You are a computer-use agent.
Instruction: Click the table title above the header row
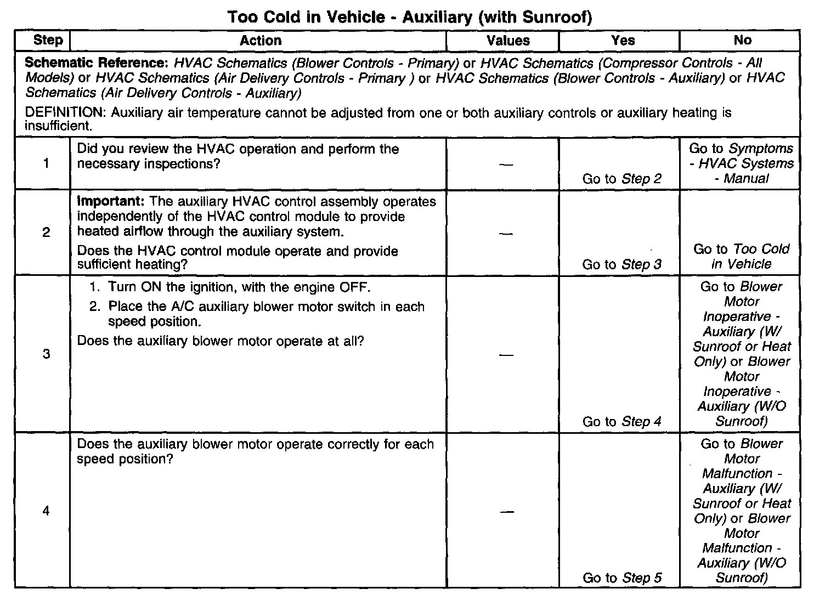pyautogui.click(x=410, y=17)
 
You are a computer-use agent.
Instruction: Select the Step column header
pyautogui.click(x=48, y=40)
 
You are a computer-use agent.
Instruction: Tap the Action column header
pyautogui.click(x=261, y=41)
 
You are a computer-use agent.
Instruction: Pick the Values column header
pyautogui.click(x=508, y=41)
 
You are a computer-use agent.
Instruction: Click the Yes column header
pyautogui.click(x=623, y=41)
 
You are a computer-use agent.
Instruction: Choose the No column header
pyautogui.click(x=742, y=40)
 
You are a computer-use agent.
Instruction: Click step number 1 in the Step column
pyautogui.click(x=46, y=163)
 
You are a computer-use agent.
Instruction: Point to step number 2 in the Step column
pyautogui.click(x=46, y=233)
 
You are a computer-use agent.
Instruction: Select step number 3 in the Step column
pyautogui.click(x=46, y=354)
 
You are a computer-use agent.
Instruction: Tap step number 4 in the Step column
pyautogui.click(x=46, y=511)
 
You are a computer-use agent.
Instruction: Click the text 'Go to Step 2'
pyautogui.click(x=622, y=179)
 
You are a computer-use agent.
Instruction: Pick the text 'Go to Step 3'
pyautogui.click(x=622, y=265)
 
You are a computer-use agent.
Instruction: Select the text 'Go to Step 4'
pyautogui.click(x=622, y=422)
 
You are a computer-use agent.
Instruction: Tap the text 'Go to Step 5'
pyautogui.click(x=622, y=578)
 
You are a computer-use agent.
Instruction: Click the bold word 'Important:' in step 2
pyautogui.click(x=111, y=202)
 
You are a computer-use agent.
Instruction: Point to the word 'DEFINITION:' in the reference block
pyautogui.click(x=66, y=114)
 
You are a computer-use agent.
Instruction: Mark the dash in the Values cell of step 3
pyautogui.click(x=507, y=355)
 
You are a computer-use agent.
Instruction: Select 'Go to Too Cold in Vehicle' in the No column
pyautogui.click(x=742, y=257)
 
